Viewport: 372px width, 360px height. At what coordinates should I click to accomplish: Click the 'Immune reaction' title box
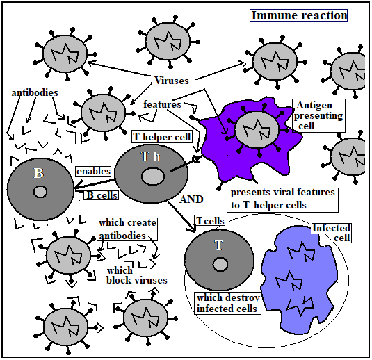pyautogui.click(x=298, y=15)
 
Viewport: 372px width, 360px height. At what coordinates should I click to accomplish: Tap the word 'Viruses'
pyautogui.click(x=172, y=81)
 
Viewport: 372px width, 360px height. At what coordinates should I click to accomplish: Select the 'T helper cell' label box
pyautogui.click(x=162, y=137)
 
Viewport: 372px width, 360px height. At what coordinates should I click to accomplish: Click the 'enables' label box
pyautogui.click(x=93, y=171)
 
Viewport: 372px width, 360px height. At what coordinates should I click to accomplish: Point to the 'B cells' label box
pyautogui.click(x=102, y=195)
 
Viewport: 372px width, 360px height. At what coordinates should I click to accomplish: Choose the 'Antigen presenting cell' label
pyautogui.click(x=318, y=115)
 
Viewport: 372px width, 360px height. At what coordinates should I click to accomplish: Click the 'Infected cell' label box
pyautogui.click(x=332, y=233)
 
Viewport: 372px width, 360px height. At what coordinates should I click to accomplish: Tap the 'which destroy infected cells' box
pyautogui.click(x=228, y=303)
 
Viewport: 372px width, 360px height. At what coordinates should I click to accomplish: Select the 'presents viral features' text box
pyautogui.click(x=282, y=200)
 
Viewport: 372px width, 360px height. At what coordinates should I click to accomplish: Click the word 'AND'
pyautogui.click(x=191, y=199)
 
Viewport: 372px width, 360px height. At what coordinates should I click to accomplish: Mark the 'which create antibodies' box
pyautogui.click(x=127, y=229)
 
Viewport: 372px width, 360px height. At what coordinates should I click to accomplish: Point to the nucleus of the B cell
pyautogui.click(x=40, y=191)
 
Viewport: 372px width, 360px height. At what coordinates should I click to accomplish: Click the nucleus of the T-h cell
pyautogui.click(x=153, y=177)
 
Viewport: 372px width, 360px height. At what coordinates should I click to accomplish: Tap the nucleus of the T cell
pyautogui.click(x=220, y=264)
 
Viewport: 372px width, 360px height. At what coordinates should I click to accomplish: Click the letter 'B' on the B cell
pyautogui.click(x=39, y=173)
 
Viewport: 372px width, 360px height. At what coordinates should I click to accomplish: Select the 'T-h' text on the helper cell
pyautogui.click(x=151, y=156)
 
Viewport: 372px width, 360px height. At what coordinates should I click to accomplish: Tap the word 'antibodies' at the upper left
pyautogui.click(x=35, y=92)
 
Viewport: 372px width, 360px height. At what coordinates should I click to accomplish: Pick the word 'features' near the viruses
pyautogui.click(x=162, y=104)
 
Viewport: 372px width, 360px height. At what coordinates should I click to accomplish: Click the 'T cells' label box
pyautogui.click(x=210, y=221)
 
